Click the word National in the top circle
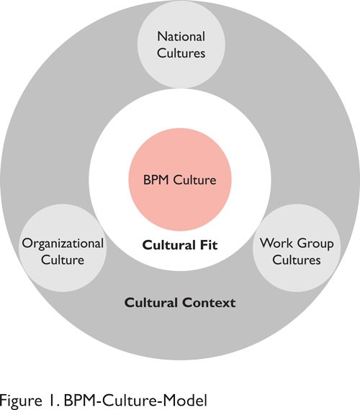[x=181, y=36]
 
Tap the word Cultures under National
[x=181, y=53]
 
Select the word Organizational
[x=63, y=244]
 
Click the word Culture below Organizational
[x=63, y=260]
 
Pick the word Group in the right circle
[x=315, y=244]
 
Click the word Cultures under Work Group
[x=297, y=260]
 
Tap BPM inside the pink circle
[x=156, y=180]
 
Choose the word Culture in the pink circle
[x=194, y=180]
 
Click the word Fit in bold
[x=209, y=245]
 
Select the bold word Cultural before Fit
[x=168, y=245]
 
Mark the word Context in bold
[x=209, y=303]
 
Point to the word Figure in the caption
[x=21, y=401]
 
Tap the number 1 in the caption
[x=51, y=401]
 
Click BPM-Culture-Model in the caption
[x=135, y=401]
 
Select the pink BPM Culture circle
[x=180, y=179]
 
